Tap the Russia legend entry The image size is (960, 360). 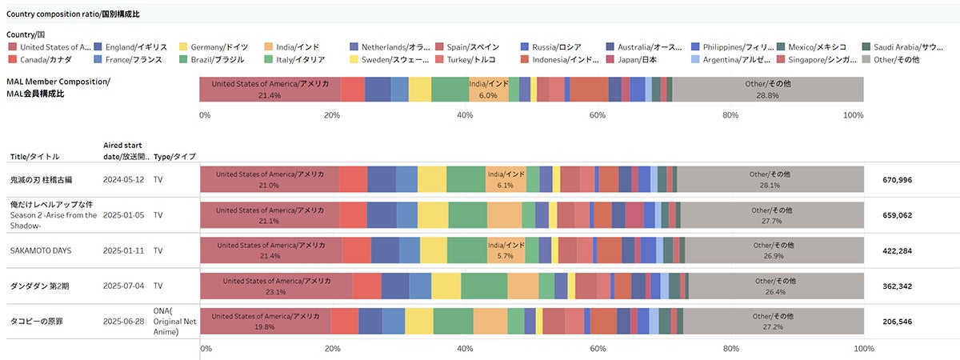[x=556, y=47]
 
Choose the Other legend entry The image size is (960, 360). [x=896, y=60]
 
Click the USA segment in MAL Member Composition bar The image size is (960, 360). [x=270, y=89]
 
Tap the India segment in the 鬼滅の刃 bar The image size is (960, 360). [x=506, y=179]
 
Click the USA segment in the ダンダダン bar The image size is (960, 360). [x=276, y=286]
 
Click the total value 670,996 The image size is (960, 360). [x=897, y=179]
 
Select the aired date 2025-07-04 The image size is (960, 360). [x=124, y=286]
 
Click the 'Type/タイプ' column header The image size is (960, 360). [x=174, y=157]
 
